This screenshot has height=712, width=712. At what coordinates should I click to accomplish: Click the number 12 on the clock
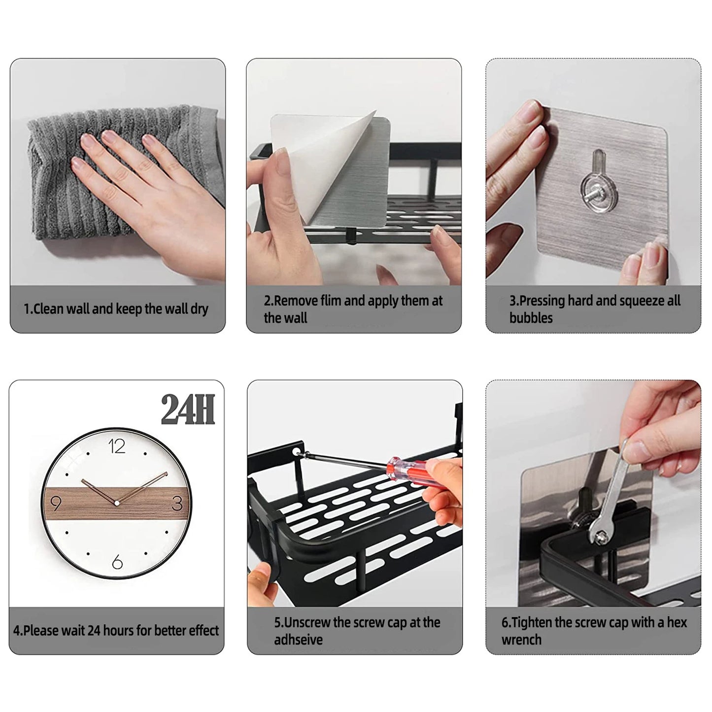(117, 446)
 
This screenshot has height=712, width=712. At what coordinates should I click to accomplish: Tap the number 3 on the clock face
(177, 503)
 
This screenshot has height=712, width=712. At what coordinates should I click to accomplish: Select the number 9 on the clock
(56, 504)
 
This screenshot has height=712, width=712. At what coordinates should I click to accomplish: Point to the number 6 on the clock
(117, 562)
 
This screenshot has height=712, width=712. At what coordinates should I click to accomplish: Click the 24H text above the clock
(188, 410)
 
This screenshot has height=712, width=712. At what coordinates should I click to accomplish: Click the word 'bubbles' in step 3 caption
(531, 318)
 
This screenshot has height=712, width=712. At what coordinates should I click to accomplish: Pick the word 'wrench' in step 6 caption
(521, 640)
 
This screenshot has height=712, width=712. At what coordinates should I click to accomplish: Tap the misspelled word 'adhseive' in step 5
(298, 640)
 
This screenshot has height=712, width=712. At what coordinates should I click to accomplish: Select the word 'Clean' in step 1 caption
(49, 309)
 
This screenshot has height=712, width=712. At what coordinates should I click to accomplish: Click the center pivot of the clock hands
(117, 503)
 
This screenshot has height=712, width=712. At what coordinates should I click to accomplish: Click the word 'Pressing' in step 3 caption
(542, 301)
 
